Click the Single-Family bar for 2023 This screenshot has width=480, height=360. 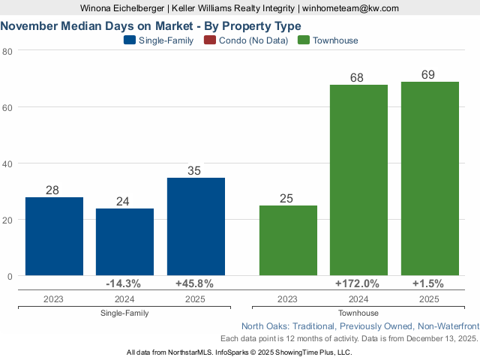click(54, 236)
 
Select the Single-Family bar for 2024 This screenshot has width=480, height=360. click(124, 241)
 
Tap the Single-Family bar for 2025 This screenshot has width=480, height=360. click(196, 226)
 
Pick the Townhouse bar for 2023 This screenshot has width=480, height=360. click(288, 241)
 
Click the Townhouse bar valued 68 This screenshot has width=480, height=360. click(358, 180)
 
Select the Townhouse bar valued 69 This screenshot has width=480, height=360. click(430, 178)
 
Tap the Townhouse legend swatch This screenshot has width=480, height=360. click(304, 40)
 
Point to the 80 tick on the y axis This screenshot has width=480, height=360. click(7, 51)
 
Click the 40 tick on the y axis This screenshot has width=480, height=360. click(7, 163)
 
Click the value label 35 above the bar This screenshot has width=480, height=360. click(194, 171)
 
